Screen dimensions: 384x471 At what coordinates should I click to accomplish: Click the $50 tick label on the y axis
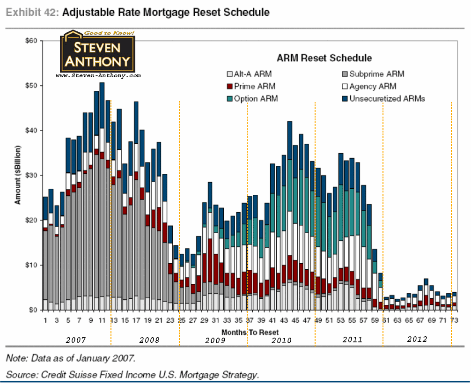30,86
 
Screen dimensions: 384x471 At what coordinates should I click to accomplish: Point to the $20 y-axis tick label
30,220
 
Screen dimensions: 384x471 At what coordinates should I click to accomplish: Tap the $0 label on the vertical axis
32,310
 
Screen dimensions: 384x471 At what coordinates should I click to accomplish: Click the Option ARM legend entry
256,98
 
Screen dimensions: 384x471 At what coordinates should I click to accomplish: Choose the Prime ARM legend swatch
229,86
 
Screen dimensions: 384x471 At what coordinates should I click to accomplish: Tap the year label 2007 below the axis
75,339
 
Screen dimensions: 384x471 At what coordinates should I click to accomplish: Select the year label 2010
281,340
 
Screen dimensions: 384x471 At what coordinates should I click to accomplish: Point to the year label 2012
417,339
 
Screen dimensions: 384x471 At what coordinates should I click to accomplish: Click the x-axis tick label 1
45,321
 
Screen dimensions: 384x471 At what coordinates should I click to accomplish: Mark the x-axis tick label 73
453,321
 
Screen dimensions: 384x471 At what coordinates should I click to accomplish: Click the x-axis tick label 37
250,321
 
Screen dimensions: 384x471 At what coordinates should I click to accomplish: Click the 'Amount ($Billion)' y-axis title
17,174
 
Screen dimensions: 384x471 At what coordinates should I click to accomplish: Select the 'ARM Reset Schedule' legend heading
324,58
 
